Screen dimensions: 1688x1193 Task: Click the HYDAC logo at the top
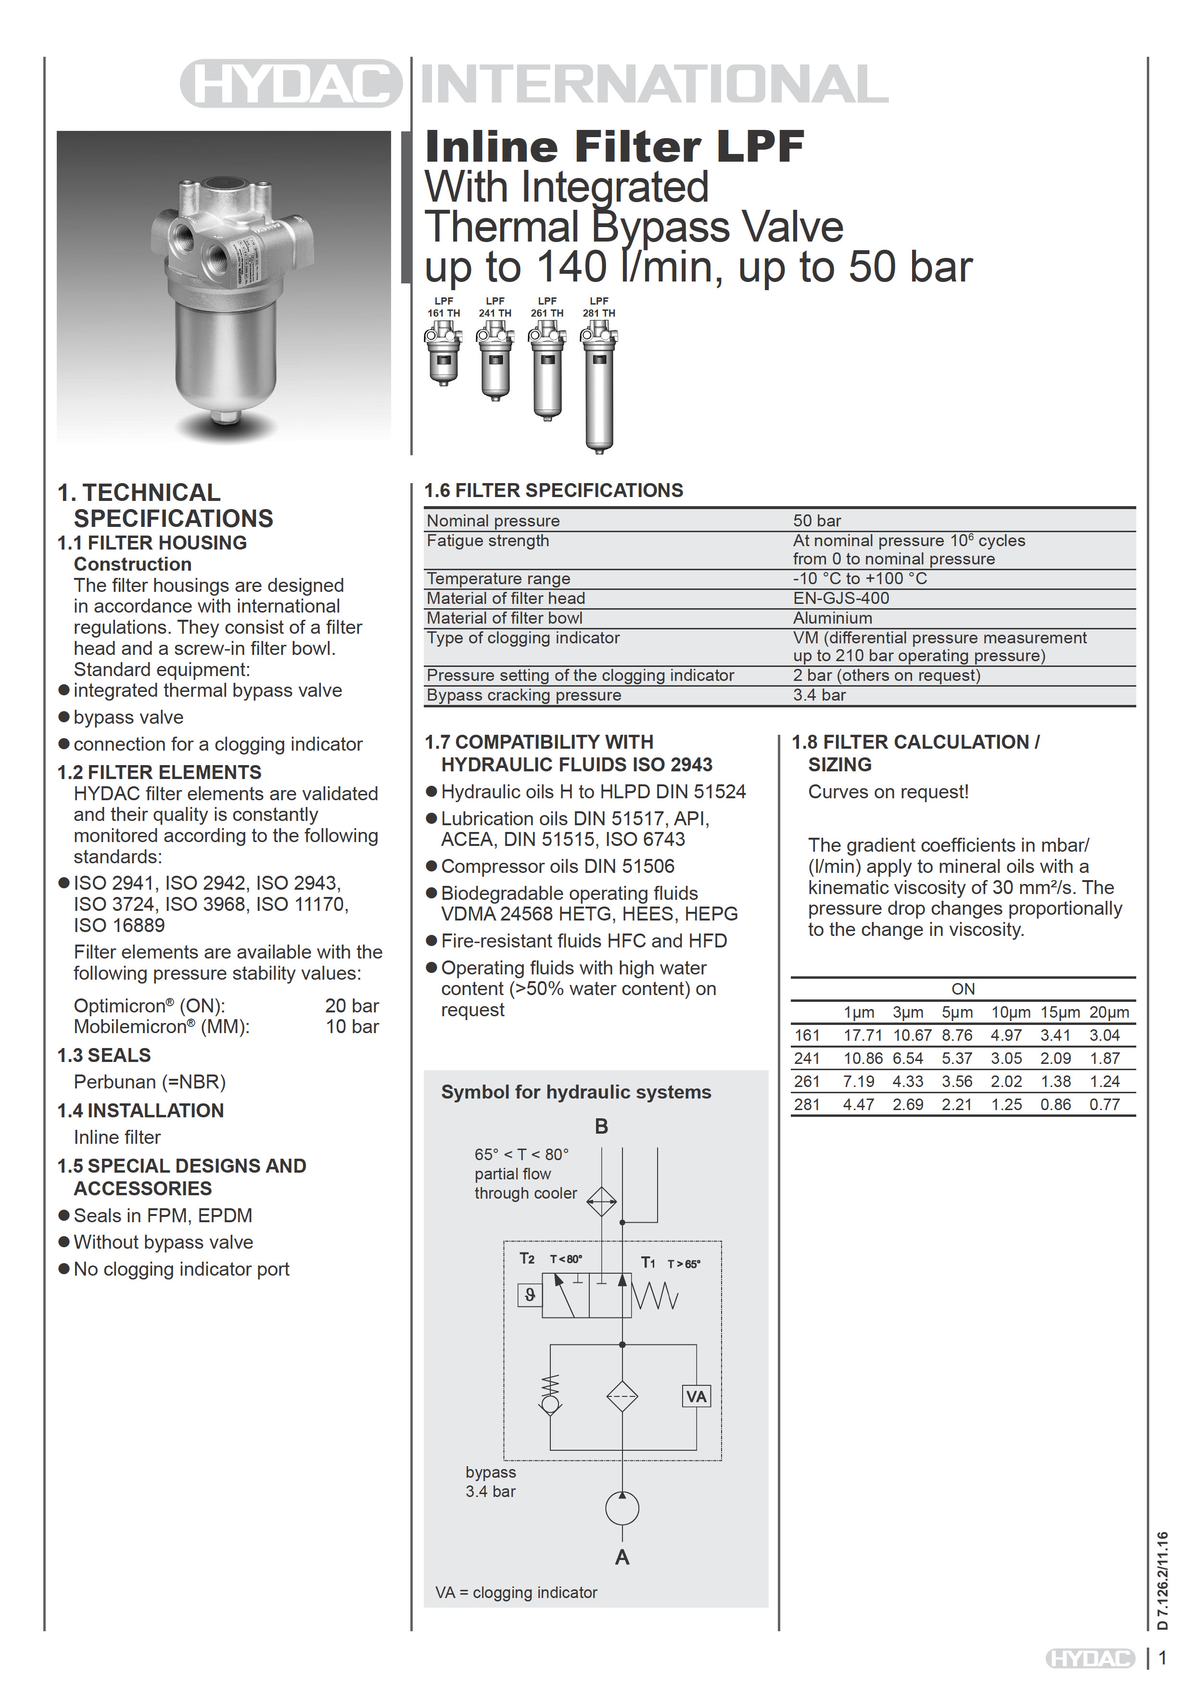(x=291, y=83)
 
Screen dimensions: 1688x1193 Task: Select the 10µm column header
(x=1011, y=1012)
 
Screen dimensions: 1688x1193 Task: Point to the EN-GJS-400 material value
(x=841, y=599)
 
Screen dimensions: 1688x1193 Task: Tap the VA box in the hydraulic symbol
(x=696, y=1396)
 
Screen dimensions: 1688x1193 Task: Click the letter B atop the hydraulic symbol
(x=601, y=1126)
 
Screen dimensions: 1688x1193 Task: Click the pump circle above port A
(x=622, y=1509)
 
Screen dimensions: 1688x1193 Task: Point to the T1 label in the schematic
(x=647, y=1262)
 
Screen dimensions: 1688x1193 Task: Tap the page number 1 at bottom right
(x=1162, y=1659)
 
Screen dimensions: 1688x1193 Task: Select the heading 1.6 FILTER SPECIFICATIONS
(x=554, y=490)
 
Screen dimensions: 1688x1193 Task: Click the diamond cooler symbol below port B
(x=601, y=1202)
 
